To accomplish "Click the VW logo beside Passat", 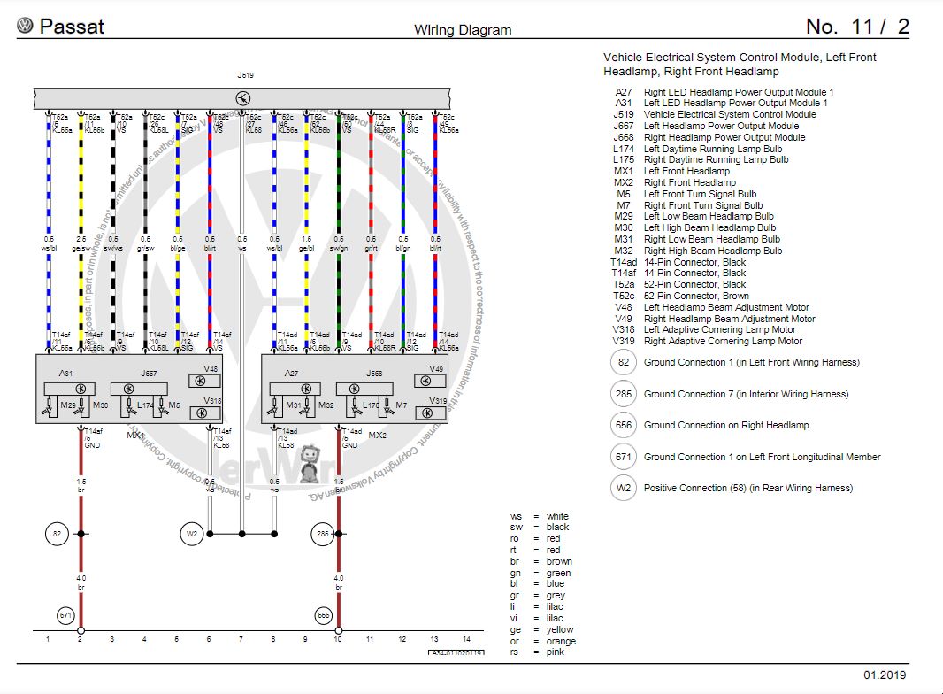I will click(25, 27).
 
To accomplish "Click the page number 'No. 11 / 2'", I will click(857, 27).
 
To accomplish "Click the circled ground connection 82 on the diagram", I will click(57, 534).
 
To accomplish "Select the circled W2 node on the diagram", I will click(192, 534).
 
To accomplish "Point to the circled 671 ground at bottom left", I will click(65, 614).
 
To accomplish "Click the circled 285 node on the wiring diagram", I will click(323, 534).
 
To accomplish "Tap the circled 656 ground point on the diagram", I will click(325, 614).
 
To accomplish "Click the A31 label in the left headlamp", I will click(66, 374).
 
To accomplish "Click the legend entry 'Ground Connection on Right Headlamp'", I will click(725, 425).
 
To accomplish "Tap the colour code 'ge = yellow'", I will click(540, 629).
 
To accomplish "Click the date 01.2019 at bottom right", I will click(885, 675).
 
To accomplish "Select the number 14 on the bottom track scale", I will click(466, 638).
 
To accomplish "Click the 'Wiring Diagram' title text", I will click(463, 29).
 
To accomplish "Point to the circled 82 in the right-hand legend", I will click(623, 362).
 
